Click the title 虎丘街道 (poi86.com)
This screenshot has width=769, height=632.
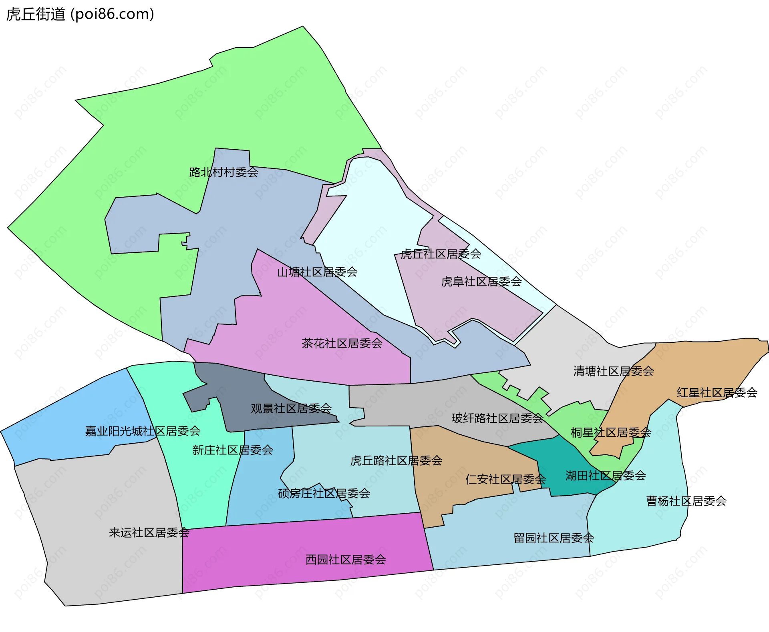pyautogui.click(x=80, y=14)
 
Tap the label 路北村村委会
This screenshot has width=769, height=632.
pyautogui.click(x=223, y=172)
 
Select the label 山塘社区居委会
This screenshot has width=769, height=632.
pyautogui.click(x=317, y=272)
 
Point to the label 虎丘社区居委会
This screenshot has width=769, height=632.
pyautogui.click(x=441, y=254)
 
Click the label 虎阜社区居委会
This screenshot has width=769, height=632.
pyautogui.click(x=481, y=282)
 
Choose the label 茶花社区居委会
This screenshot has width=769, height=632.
pyautogui.click(x=342, y=343)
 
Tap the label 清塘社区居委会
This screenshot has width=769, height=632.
pyautogui.click(x=613, y=371)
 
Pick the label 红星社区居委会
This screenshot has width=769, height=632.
pyautogui.click(x=717, y=393)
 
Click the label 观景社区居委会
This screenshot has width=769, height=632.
pyautogui.click(x=291, y=408)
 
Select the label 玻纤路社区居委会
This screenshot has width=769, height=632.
pyautogui.click(x=497, y=418)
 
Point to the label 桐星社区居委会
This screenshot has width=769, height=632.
pyautogui.click(x=611, y=432)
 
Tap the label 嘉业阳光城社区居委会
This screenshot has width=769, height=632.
pyautogui.click(x=143, y=431)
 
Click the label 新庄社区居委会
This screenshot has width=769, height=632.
pyautogui.click(x=232, y=450)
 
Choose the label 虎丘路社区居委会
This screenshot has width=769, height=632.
pyautogui.click(x=396, y=461)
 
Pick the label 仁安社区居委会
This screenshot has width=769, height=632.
pyautogui.click(x=505, y=479)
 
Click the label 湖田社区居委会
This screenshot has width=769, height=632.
pyautogui.click(x=606, y=476)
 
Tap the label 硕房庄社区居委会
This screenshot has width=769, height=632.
pyautogui.click(x=324, y=494)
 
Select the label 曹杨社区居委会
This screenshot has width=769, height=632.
pyautogui.click(x=686, y=501)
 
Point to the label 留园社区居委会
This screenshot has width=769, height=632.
pyautogui.click(x=554, y=538)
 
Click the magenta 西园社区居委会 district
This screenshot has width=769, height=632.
pyautogui.click(x=304, y=552)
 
